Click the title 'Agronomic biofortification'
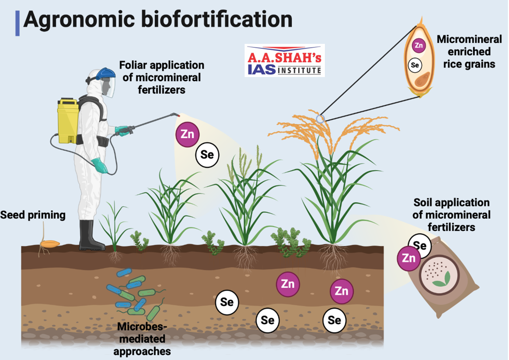tap(158, 20)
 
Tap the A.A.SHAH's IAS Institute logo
tap(285, 60)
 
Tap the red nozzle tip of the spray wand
tap(177, 115)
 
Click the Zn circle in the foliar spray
tap(188, 134)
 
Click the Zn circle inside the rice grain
tap(420, 45)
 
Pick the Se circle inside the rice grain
tap(414, 65)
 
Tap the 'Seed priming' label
tap(33, 215)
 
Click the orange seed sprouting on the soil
tap(49, 243)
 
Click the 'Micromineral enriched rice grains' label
tap(465, 52)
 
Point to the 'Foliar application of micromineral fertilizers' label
tap(161, 77)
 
